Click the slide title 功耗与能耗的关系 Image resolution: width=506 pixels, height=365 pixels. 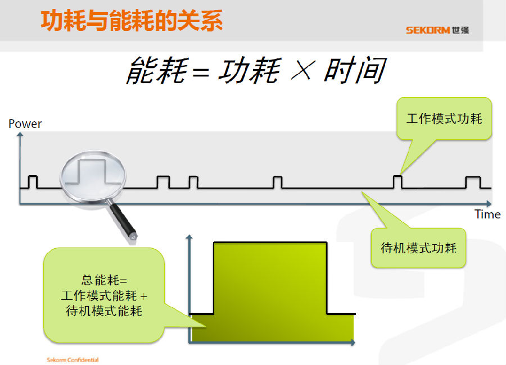tap(132, 21)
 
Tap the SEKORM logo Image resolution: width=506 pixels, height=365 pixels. tap(437, 30)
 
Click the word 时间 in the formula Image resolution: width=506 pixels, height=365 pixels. tap(355, 70)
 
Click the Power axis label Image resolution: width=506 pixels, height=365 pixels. tap(25, 124)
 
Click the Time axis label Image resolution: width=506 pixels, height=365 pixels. tap(487, 215)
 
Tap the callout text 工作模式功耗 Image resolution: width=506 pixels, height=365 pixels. tap(444, 118)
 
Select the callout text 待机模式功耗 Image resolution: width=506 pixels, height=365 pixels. tap(418, 248)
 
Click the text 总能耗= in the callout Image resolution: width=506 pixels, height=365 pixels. tap(104, 280)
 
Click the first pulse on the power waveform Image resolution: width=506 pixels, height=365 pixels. tap(33, 181)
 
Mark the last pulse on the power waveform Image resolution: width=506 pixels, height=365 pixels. tap(473, 182)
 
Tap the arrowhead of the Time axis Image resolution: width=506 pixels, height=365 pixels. tap(489, 204)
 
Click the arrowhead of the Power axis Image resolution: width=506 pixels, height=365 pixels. tap(20, 134)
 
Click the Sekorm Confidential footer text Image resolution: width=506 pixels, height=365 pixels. tap(73, 360)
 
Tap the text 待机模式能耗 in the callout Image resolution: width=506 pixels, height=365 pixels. tap(104, 311)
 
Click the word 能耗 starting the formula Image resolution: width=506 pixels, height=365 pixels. tap(157, 70)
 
